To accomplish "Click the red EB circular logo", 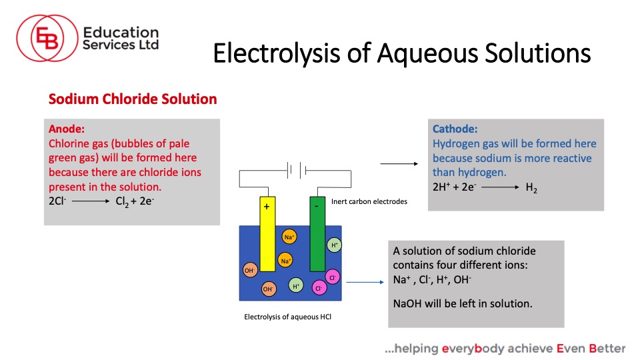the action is [47, 38].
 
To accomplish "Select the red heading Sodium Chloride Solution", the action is [133, 99].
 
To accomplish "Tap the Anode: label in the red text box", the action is [67, 129].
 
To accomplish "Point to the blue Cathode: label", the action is [455, 129].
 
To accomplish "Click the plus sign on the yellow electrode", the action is [267, 207].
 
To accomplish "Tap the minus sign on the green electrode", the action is [316, 207].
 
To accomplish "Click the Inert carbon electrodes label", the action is [369, 201].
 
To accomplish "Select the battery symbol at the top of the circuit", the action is [297, 170].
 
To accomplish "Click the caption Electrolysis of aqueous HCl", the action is [287, 317].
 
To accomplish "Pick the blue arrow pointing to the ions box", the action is [365, 282].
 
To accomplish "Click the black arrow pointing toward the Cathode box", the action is [399, 164].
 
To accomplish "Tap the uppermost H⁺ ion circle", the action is [334, 245].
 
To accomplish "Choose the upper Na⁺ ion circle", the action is [289, 237].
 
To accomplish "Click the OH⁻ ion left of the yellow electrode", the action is [250, 270].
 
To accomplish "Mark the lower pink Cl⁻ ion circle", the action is [319, 288].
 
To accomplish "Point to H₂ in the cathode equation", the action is [531, 188].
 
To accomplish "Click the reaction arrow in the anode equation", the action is [91, 201].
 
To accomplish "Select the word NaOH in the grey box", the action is [407, 304].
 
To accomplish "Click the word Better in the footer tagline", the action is [607, 348].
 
